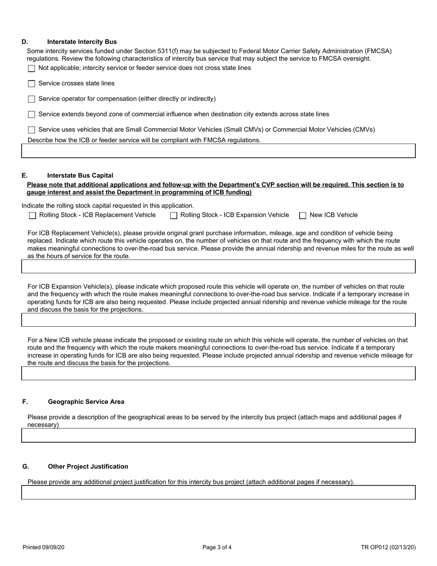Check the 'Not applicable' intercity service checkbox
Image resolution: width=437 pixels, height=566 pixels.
31,69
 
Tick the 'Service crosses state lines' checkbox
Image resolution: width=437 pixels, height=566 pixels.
31,84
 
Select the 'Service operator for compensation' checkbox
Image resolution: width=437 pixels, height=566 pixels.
31,99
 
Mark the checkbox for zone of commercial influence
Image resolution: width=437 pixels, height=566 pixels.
31,115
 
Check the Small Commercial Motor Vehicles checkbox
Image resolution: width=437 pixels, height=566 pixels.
31,130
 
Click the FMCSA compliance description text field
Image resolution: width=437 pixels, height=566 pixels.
218,151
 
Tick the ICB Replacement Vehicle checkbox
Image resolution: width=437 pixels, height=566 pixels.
32,215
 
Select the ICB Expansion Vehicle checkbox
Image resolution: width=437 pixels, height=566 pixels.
173,215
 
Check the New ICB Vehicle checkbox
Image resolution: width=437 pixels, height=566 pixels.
303,215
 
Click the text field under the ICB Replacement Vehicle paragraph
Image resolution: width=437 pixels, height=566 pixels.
218,266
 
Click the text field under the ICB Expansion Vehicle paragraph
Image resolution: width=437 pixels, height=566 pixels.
218,320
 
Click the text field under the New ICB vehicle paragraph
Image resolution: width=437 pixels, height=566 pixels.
218,373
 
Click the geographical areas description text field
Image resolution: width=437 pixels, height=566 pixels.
218,435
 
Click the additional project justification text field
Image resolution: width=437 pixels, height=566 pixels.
218,492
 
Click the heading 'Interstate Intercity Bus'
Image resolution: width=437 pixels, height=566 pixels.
82,42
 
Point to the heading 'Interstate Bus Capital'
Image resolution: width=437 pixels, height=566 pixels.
80,176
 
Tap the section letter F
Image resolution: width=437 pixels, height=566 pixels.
25,402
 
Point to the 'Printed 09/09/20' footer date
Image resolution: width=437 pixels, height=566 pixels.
43,548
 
